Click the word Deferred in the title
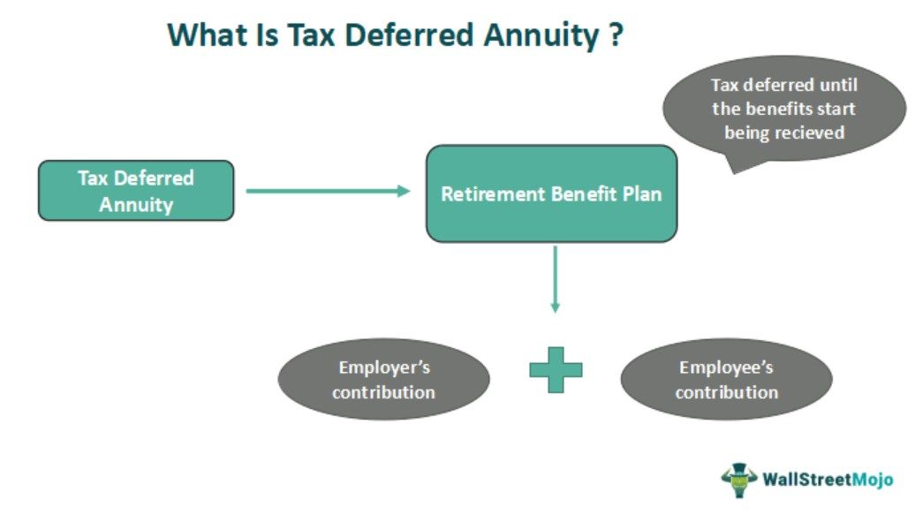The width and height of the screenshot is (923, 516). [409, 34]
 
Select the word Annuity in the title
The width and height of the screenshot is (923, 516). [541, 36]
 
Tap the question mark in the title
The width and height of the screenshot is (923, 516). [616, 34]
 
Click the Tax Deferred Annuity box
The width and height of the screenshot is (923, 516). [136, 191]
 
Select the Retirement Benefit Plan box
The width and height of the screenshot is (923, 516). [551, 193]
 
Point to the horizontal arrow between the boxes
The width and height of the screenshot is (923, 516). [328, 191]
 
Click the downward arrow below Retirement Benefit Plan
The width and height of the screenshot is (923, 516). [555, 279]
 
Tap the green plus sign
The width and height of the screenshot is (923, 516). [556, 370]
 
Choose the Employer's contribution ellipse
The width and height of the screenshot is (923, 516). [384, 379]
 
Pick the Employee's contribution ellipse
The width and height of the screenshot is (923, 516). [726, 379]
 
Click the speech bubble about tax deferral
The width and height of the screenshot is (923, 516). [784, 110]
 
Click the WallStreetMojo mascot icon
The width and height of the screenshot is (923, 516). [739, 480]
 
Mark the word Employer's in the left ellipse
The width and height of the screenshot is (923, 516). [384, 368]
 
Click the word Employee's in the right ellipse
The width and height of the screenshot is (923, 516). [726, 368]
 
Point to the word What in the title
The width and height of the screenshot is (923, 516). [206, 34]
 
